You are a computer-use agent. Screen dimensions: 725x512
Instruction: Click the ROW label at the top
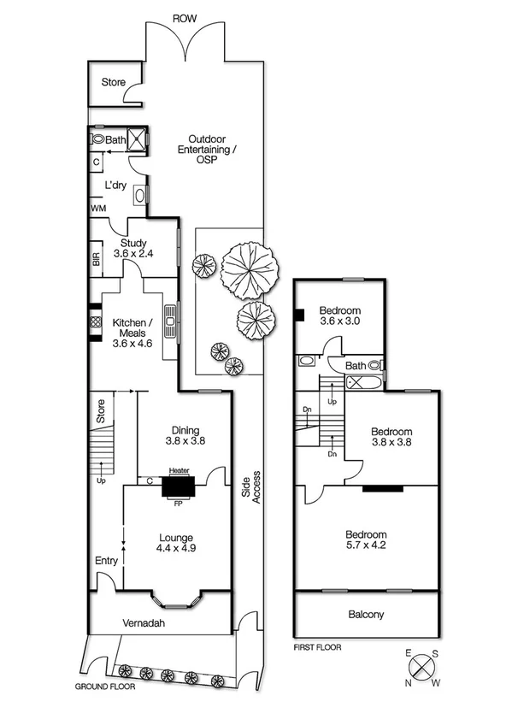(181, 17)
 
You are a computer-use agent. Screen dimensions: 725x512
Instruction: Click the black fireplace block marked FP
(179, 487)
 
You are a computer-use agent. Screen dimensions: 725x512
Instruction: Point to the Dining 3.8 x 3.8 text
(184, 436)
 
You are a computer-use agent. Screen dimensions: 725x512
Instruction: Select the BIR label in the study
(96, 260)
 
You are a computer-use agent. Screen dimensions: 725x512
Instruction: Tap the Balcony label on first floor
(366, 614)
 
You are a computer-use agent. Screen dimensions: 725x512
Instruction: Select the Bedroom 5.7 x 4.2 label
(366, 539)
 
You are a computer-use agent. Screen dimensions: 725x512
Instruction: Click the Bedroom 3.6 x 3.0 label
(340, 315)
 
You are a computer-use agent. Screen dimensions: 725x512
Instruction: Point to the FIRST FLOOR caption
(316, 647)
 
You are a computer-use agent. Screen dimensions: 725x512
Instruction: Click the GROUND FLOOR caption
(107, 687)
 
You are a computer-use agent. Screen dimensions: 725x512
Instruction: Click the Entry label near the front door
(107, 561)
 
